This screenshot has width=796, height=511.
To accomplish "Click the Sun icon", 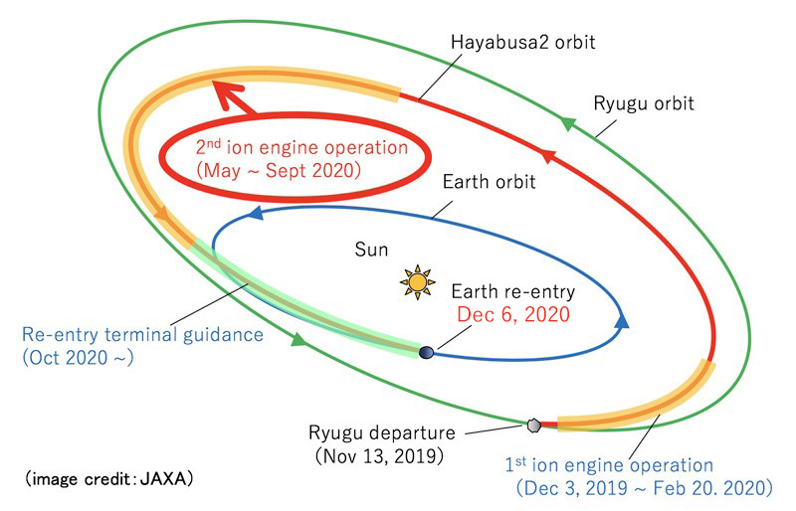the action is (x=417, y=281).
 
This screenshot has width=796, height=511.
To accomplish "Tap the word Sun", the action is (x=371, y=250).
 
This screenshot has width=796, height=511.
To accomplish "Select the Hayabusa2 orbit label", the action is (x=523, y=42).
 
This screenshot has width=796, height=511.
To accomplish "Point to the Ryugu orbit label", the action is (x=643, y=103).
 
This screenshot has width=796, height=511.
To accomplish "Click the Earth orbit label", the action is (x=489, y=182).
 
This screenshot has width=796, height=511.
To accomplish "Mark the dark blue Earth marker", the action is (x=427, y=352).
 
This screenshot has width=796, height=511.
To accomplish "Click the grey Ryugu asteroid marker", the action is (x=533, y=426).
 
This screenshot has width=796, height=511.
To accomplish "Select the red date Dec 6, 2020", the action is (x=513, y=314).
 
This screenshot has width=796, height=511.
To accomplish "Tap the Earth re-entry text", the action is (x=512, y=291).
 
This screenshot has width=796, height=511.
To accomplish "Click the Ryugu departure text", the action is (x=382, y=432).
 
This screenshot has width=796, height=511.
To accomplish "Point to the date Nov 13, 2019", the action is (x=379, y=455).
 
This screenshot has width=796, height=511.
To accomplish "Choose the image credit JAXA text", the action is (x=108, y=478).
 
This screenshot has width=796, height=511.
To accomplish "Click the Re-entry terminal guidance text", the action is (x=142, y=335).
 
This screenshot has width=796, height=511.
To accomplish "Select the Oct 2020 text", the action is (x=78, y=358).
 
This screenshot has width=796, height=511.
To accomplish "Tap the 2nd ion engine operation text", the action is (x=301, y=147).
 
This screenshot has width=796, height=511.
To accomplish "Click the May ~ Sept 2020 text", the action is (x=279, y=171).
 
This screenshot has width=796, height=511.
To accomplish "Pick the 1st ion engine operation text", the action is (x=609, y=465).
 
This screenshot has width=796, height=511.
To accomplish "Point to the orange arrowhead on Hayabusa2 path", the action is (x=162, y=214).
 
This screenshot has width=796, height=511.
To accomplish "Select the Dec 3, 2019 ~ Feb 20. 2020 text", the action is (x=644, y=488).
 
